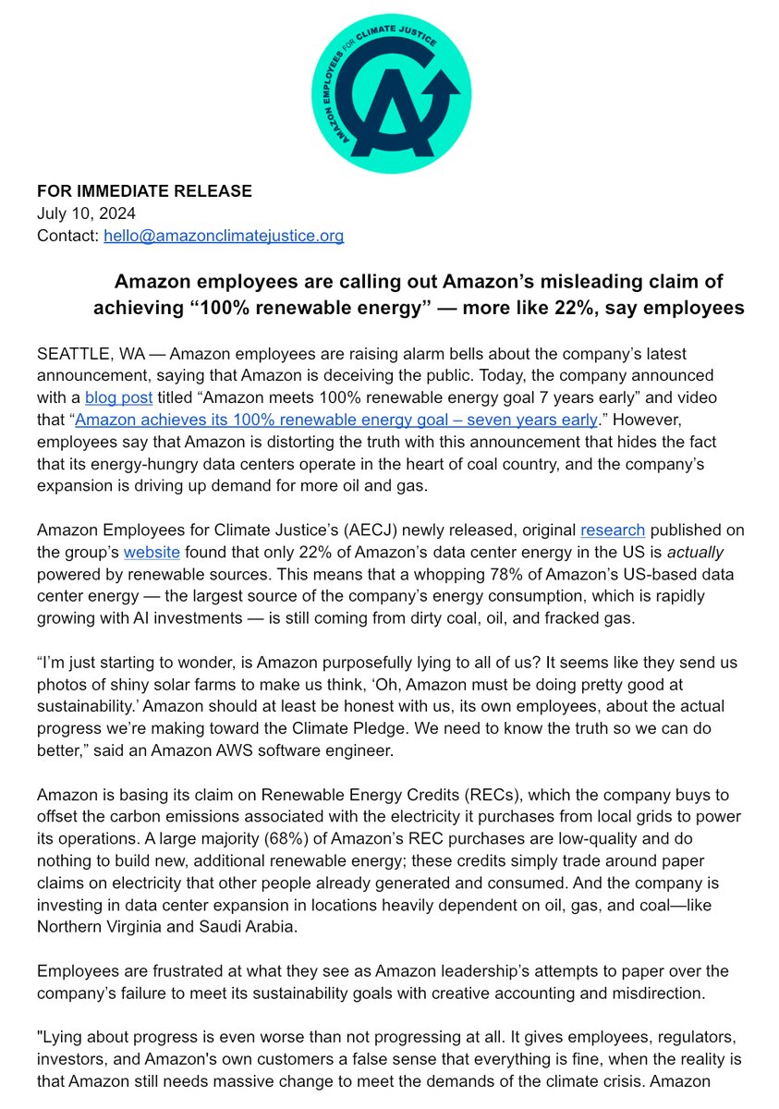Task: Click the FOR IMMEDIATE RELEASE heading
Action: pyautogui.click(x=144, y=191)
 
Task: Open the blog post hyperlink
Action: pyautogui.click(x=112, y=399)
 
